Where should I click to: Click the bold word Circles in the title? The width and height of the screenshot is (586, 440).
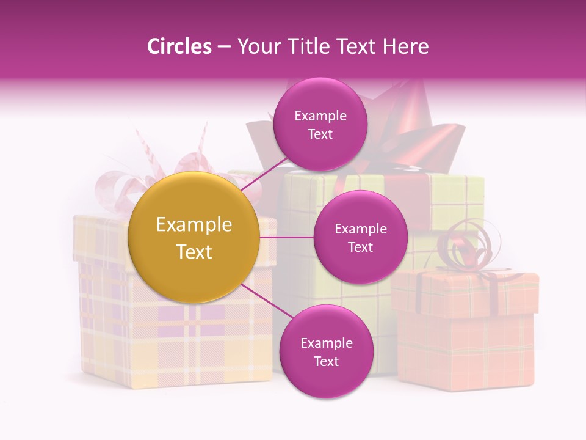pos(179,46)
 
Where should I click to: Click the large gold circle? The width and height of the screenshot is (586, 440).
pos(194,237)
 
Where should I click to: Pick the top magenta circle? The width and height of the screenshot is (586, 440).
pos(320,125)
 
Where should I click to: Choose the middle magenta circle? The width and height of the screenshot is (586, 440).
pos(360,237)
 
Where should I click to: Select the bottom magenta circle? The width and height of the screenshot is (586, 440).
pos(326,351)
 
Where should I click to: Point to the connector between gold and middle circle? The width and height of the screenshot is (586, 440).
pos(286,237)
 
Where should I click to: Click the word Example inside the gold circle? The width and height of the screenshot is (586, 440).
pos(194,225)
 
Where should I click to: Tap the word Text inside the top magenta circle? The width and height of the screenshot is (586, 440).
pos(320,134)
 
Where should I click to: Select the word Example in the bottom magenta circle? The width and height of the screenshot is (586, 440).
pos(326,343)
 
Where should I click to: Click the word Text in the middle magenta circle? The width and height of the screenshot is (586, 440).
pos(360,247)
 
